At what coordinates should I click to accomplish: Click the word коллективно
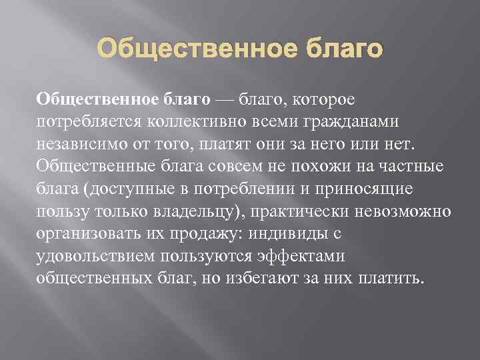tap(175, 122)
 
